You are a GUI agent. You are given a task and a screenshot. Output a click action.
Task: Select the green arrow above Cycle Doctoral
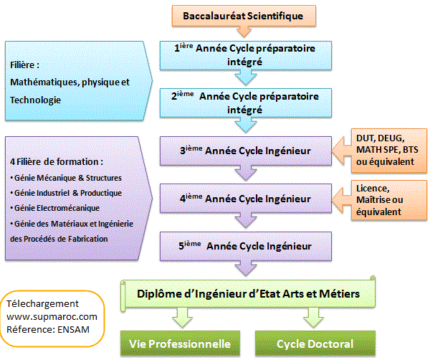(310, 316)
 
